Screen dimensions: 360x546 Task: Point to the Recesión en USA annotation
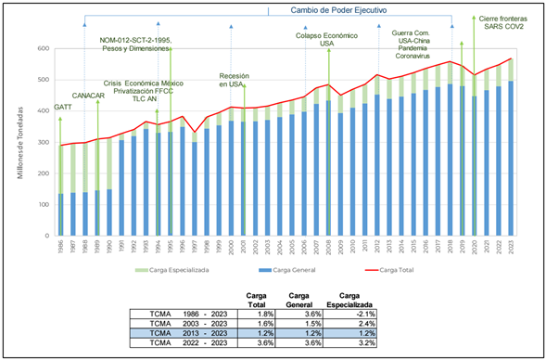pyautogui.click(x=232, y=79)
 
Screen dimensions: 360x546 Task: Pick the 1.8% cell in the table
pyautogui.click(x=256, y=314)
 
